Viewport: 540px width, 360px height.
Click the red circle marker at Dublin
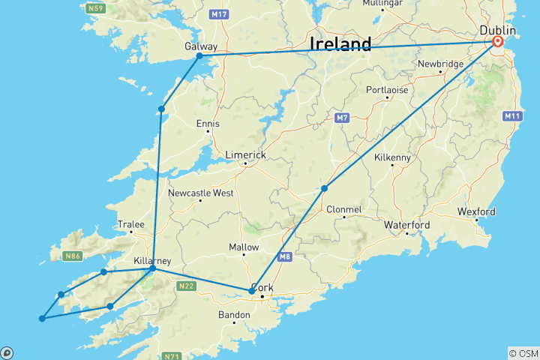click(x=497, y=42)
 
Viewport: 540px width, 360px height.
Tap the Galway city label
click(x=201, y=46)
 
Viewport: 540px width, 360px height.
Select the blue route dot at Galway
click(x=199, y=56)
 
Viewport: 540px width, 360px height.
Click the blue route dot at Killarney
click(x=152, y=268)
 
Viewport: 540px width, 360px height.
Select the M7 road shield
click(x=343, y=118)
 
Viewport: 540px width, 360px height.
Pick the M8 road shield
click(x=284, y=257)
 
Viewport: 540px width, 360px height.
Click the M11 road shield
click(x=513, y=115)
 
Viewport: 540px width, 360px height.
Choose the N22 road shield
click(x=186, y=286)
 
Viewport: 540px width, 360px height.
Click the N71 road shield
click(x=170, y=355)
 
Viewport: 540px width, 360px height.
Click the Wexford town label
click(x=477, y=211)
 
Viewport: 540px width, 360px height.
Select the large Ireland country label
click(x=340, y=45)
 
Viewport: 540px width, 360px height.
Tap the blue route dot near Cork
click(x=251, y=291)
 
